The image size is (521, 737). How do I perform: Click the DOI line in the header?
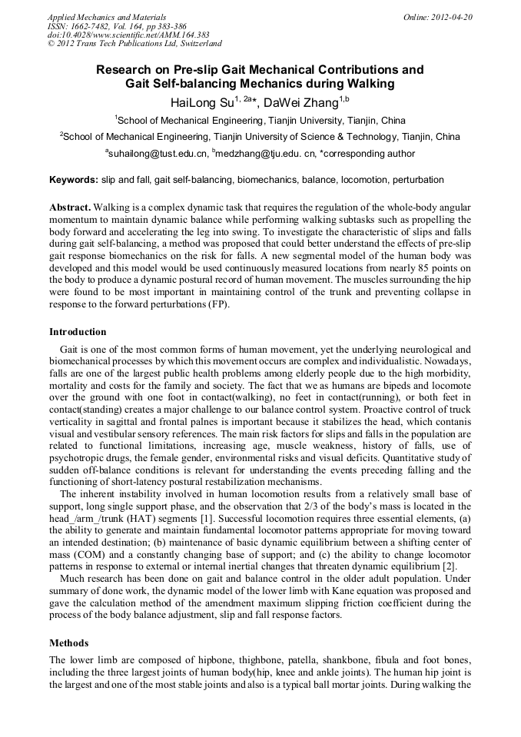pyautogui.click(x=128, y=35)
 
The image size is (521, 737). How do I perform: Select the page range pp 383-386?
pyautogui.click(x=164, y=26)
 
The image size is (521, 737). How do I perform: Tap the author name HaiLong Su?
pyautogui.click(x=201, y=103)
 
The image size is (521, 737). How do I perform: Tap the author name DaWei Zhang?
pyautogui.click(x=301, y=103)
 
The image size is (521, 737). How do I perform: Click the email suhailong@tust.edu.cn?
pyautogui.click(x=158, y=154)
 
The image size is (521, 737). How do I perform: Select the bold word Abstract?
pyautogui.click(x=69, y=208)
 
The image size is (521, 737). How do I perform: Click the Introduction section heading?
pyautogui.click(x=78, y=332)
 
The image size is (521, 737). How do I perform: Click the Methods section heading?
pyautogui.click(x=68, y=642)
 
